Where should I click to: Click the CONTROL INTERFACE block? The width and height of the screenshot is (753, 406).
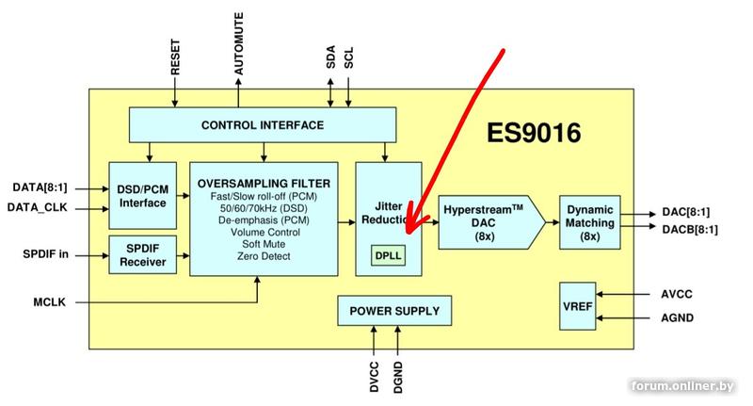pyautogui.click(x=262, y=125)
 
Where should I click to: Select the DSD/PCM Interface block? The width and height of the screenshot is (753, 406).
pyautogui.click(x=142, y=195)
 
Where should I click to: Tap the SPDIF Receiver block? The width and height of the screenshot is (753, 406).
pyautogui.click(x=142, y=254)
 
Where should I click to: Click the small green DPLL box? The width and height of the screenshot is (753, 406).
pyautogui.click(x=386, y=255)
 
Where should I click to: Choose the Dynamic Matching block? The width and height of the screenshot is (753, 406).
pyautogui.click(x=590, y=223)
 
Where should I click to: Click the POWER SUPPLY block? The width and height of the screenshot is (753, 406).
pyautogui.click(x=394, y=311)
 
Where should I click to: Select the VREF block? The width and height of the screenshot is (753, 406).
pyautogui.click(x=576, y=305)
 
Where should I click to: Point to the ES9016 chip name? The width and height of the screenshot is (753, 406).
pyautogui.click(x=533, y=133)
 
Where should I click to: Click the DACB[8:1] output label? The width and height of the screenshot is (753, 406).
pyautogui.click(x=690, y=229)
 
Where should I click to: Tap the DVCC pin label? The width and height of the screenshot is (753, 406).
pyautogui.click(x=374, y=374)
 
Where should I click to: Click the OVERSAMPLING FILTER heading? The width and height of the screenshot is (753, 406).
pyautogui.click(x=264, y=182)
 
